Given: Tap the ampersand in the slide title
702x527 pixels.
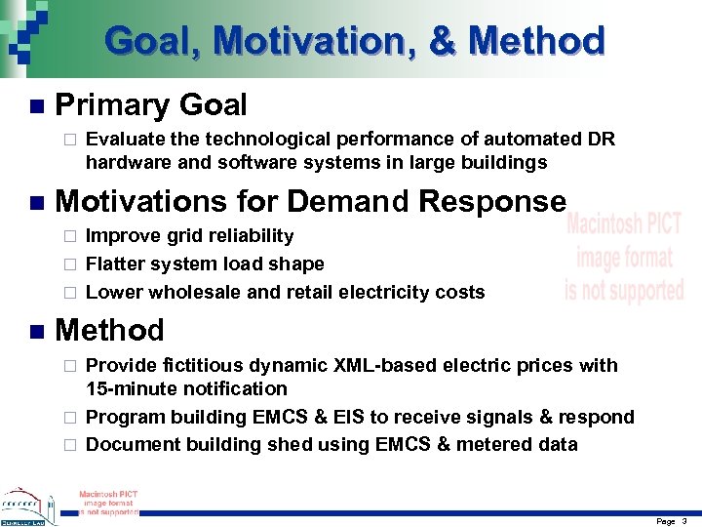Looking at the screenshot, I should click(x=443, y=41).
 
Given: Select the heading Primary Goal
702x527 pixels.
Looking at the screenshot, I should click(x=151, y=104).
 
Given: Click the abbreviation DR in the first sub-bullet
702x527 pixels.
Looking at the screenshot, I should click(x=601, y=140).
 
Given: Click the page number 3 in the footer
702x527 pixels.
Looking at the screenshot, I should click(x=684, y=521).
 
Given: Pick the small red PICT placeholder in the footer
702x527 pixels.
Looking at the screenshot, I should click(x=107, y=502).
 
